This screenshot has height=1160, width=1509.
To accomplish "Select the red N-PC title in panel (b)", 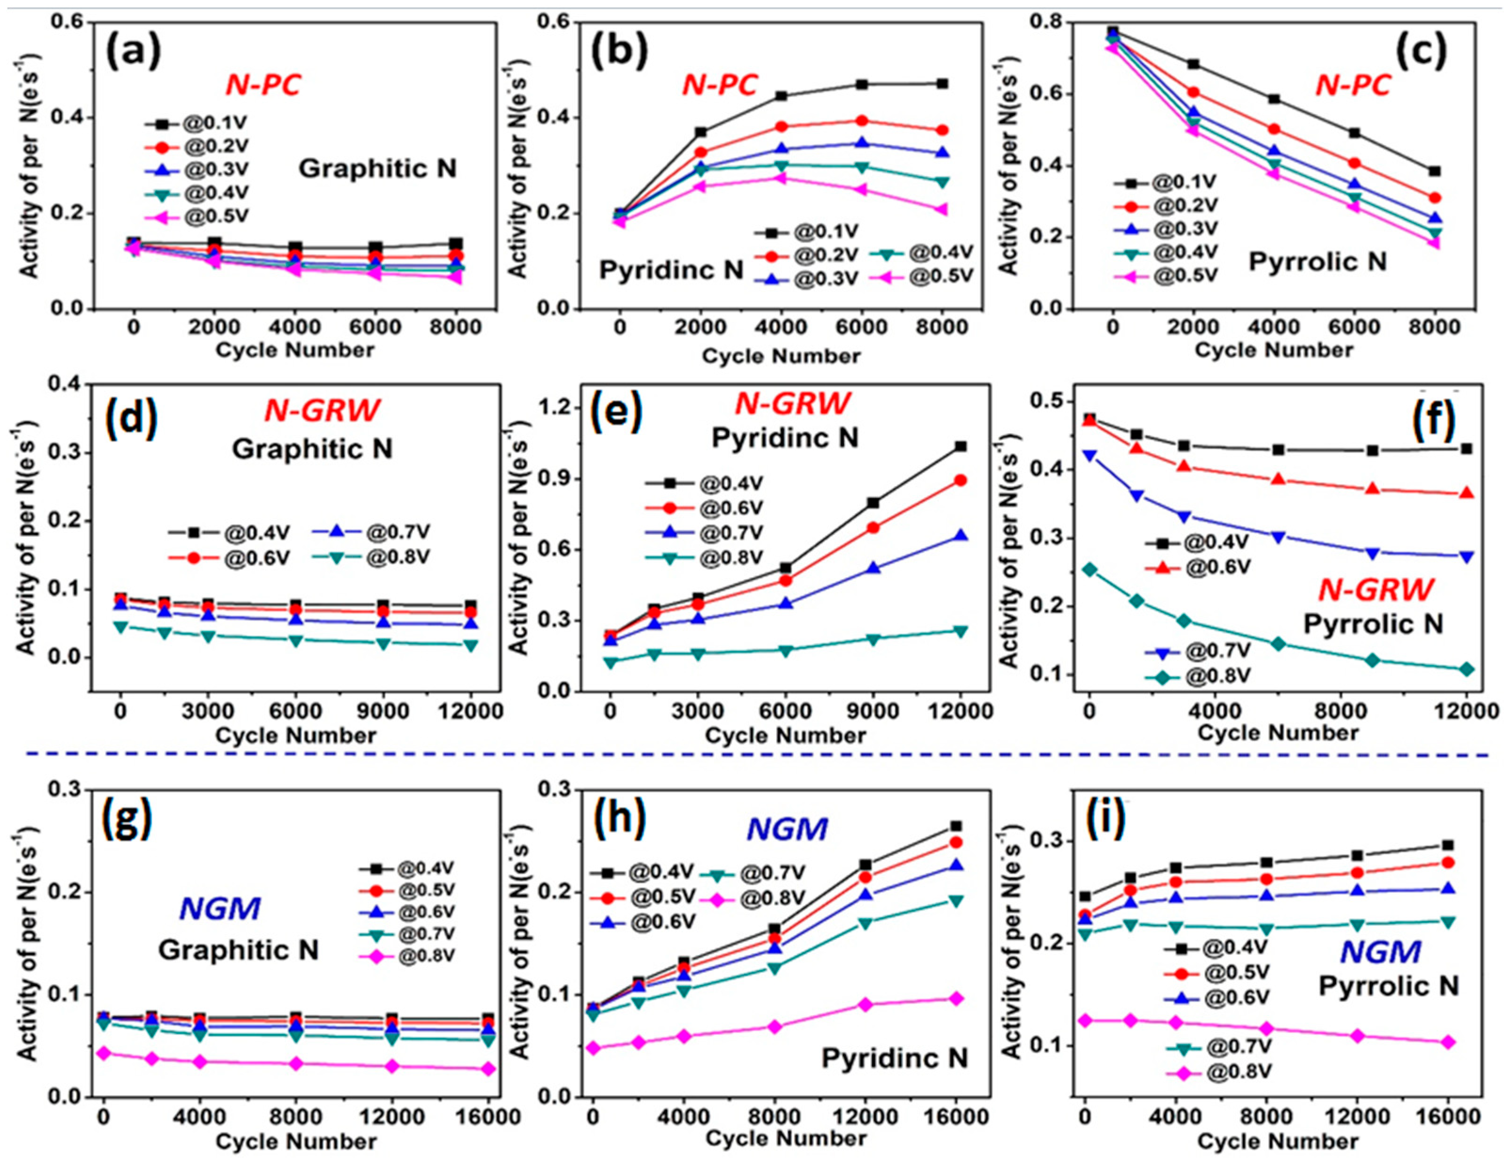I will coord(719,85).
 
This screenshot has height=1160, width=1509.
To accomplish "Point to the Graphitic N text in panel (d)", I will coord(312,449).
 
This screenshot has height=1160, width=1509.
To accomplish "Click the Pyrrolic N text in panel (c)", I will coord(1317,262).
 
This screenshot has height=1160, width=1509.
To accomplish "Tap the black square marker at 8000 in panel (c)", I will coord(1435,171).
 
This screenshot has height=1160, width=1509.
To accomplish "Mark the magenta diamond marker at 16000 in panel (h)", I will coord(957,999).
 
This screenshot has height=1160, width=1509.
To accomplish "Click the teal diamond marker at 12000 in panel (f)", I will coord(1467,669).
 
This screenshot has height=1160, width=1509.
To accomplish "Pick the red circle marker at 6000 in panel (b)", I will coord(861,121).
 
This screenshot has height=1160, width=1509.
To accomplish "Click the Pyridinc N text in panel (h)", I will coord(895,1058).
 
